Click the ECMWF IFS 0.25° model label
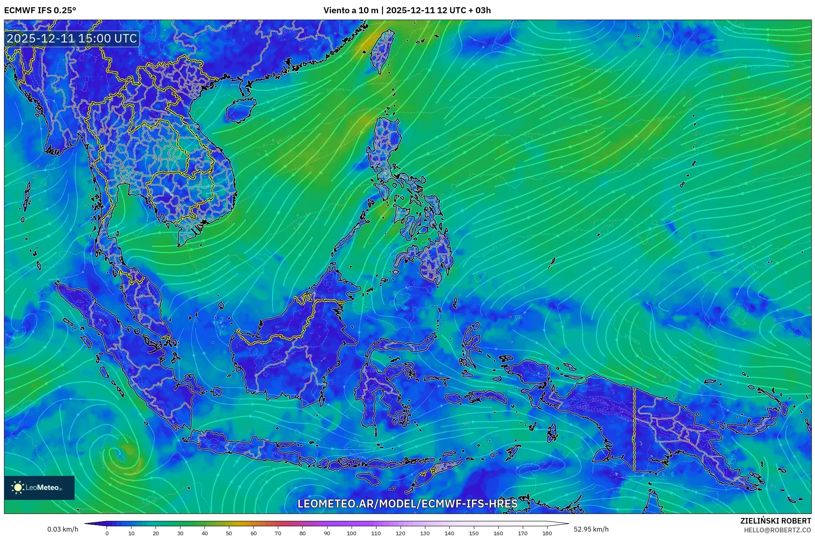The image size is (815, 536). tap(40, 10)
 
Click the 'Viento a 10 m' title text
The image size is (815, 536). tap(350, 10)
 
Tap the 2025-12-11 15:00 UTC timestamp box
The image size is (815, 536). tap(72, 38)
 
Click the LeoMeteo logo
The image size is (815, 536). tap(39, 487)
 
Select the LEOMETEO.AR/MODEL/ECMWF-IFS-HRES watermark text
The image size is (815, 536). tap(407, 504)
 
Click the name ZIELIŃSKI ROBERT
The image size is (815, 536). tap(775, 521)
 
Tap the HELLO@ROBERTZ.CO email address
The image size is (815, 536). tap(777, 530)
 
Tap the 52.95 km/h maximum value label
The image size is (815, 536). tap(591, 529)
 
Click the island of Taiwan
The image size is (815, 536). tap(381, 50)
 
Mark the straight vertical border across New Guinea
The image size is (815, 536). tap(634, 429)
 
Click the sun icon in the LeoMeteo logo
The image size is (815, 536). tap(18, 487)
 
